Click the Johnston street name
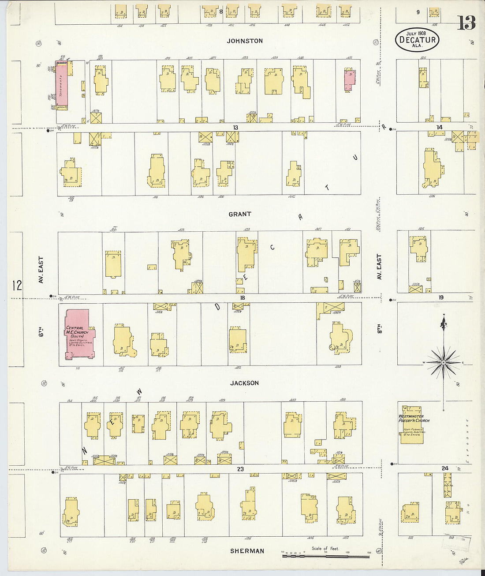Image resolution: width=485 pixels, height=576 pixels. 245,41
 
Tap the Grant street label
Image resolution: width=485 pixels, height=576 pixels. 240,214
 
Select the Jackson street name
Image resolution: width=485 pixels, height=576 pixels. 244,383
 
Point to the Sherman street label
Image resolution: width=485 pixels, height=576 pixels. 247,551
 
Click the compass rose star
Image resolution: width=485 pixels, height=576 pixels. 444,362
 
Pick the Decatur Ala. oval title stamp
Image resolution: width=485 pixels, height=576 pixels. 417,40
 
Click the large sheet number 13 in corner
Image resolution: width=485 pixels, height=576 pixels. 466,23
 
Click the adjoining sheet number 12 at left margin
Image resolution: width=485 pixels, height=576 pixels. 17,286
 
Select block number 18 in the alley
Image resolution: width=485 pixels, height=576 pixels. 242,298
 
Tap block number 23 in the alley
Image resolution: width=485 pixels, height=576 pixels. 240,469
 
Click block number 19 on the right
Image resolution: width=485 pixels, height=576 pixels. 440,298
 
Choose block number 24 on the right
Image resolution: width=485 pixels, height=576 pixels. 445,468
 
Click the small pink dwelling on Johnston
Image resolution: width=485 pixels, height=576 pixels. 350,79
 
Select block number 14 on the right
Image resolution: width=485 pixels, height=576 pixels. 439,127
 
